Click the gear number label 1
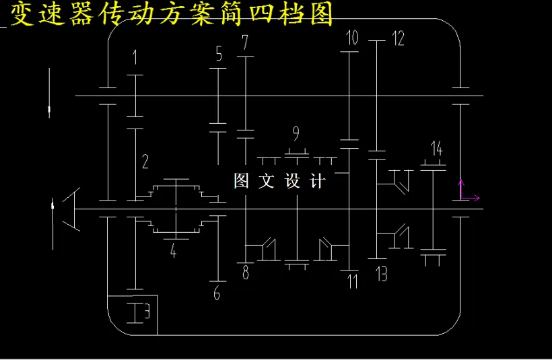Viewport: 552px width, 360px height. (x=135, y=57)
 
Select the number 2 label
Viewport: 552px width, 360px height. (x=145, y=161)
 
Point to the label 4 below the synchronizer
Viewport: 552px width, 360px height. (x=173, y=252)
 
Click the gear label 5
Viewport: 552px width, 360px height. (x=219, y=55)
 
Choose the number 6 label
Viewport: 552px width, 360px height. (x=217, y=293)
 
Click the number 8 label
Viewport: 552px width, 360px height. (x=246, y=273)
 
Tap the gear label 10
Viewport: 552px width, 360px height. (x=352, y=38)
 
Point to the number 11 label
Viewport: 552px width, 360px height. (x=352, y=281)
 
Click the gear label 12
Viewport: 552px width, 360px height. (x=398, y=38)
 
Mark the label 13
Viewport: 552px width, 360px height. (x=382, y=274)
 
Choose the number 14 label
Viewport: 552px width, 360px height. (x=436, y=149)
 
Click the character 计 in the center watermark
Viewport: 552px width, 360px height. (x=317, y=181)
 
